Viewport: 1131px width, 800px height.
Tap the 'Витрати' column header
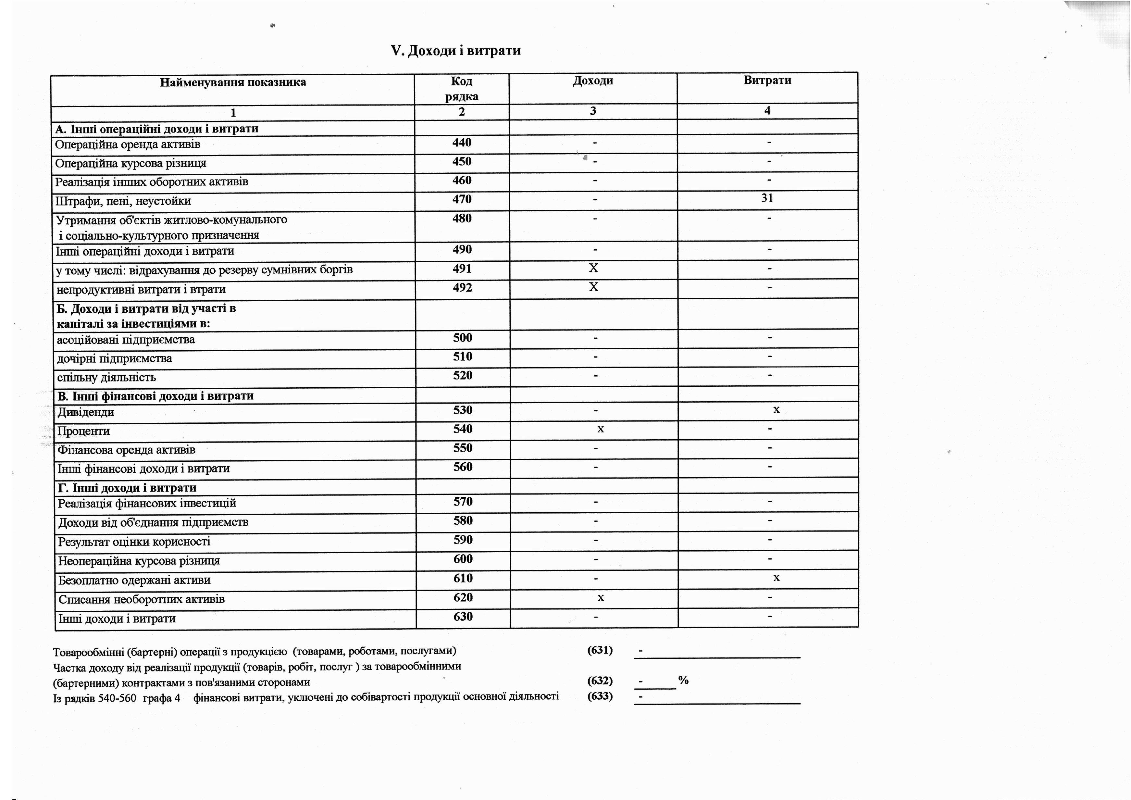tap(767, 80)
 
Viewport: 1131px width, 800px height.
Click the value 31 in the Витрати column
tap(767, 198)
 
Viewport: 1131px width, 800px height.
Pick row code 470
tap(462, 199)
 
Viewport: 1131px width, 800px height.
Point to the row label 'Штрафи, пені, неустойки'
tap(123, 201)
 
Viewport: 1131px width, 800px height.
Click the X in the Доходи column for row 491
tap(593, 268)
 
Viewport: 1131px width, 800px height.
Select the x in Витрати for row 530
tap(776, 409)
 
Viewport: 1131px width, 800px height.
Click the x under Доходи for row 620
tap(601, 597)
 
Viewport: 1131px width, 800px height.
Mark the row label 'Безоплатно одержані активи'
tap(134, 580)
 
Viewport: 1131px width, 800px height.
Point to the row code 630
tap(463, 616)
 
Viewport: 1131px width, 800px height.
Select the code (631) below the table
tap(600, 650)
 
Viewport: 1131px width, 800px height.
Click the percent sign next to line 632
tap(683, 680)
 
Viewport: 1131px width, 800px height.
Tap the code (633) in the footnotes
tap(600, 696)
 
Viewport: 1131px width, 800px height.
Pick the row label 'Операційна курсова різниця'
tap(130, 163)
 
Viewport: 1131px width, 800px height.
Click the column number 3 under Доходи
tap(593, 111)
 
